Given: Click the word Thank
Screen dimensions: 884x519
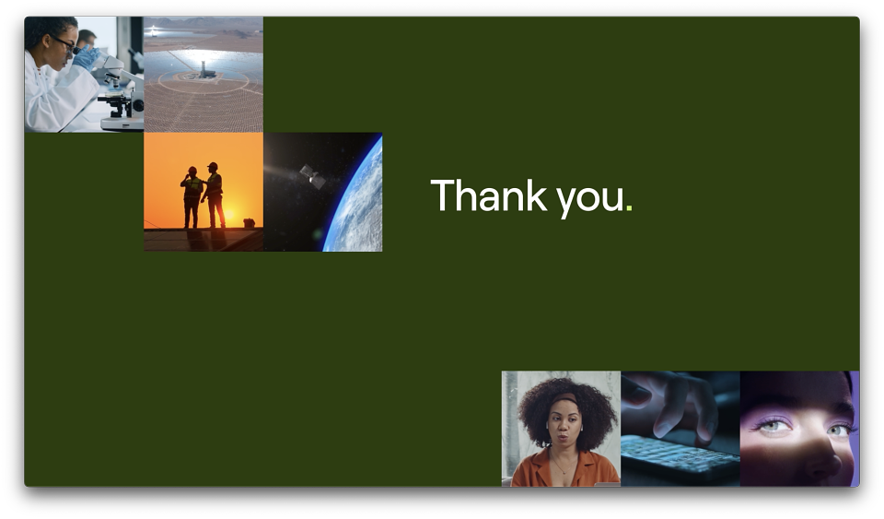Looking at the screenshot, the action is tap(489, 195).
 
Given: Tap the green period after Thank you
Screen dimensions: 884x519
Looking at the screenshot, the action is tap(629, 208).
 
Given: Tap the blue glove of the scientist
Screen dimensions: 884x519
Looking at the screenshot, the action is tap(87, 57).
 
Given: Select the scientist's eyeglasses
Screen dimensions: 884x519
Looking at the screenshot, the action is tap(64, 43).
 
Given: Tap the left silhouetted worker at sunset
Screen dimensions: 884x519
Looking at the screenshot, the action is tap(192, 197).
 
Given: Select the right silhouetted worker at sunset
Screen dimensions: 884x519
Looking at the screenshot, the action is tap(214, 195).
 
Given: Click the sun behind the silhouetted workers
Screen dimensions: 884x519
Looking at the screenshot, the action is tap(229, 215).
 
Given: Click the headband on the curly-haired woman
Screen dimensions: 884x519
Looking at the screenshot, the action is tap(564, 399).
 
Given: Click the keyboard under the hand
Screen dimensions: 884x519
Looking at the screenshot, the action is tap(680, 454).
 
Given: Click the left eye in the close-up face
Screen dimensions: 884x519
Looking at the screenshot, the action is tap(773, 425).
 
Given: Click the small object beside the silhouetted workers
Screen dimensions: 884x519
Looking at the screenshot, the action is tap(249, 223).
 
